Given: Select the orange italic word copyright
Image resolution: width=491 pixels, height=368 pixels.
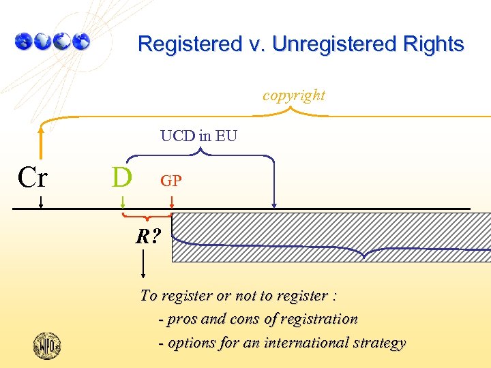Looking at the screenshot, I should pos(294,95).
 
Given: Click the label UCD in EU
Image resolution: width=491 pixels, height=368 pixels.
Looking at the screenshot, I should pos(198,136).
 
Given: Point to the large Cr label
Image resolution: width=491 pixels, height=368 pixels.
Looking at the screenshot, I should pos(33,178).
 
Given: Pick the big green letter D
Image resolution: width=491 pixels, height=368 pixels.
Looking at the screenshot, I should pos(121,177).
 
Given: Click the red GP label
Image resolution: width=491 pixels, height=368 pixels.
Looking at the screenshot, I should pos(170,181).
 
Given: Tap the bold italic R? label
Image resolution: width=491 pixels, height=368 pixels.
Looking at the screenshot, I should pos(148,237).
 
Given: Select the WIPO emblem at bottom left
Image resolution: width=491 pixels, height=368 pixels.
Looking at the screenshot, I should pos(47,345).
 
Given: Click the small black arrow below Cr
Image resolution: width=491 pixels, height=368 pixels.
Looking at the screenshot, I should pos(41,201).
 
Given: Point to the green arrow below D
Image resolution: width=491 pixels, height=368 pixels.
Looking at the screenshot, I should pos(123,202).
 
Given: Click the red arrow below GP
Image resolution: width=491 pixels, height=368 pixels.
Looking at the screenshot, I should pos(172,202).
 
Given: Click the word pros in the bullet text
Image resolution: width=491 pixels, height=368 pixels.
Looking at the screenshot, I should pos(180,319).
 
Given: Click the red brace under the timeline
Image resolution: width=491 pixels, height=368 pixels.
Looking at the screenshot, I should pos(147,217).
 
